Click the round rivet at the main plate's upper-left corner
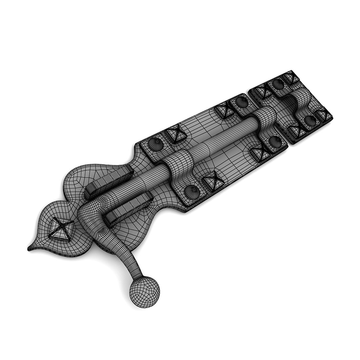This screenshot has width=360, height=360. point(155,144)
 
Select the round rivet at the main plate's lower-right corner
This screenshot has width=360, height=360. point(275,142)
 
